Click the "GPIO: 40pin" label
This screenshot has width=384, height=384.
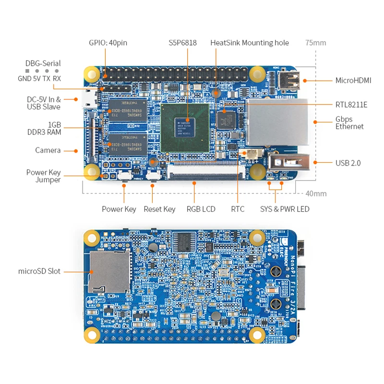pyautogui.click(x=108, y=43)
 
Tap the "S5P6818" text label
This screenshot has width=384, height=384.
pyautogui.click(x=182, y=43)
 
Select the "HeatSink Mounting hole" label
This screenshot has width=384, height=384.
pyautogui.click(x=250, y=43)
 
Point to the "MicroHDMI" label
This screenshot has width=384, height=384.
pyautogui.click(x=353, y=80)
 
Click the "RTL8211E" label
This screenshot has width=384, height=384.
pyautogui.click(x=351, y=104)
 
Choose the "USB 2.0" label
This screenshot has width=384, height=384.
pyautogui.click(x=348, y=163)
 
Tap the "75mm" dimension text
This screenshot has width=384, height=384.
pyautogui.click(x=315, y=43)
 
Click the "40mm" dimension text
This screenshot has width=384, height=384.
pyautogui.click(x=316, y=193)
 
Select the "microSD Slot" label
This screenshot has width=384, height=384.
pyautogui.click(x=39, y=271)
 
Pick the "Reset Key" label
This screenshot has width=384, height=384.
pyautogui.click(x=159, y=209)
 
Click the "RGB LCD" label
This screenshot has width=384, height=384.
pyautogui.click(x=201, y=209)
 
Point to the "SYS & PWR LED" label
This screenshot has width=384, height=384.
pyautogui.click(x=285, y=209)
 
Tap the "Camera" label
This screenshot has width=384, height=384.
pyautogui.click(x=48, y=150)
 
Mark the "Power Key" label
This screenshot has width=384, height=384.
pyautogui.click(x=119, y=209)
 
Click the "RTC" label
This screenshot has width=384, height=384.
pyautogui.click(x=238, y=209)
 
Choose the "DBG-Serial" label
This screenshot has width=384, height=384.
pyautogui.click(x=43, y=63)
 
